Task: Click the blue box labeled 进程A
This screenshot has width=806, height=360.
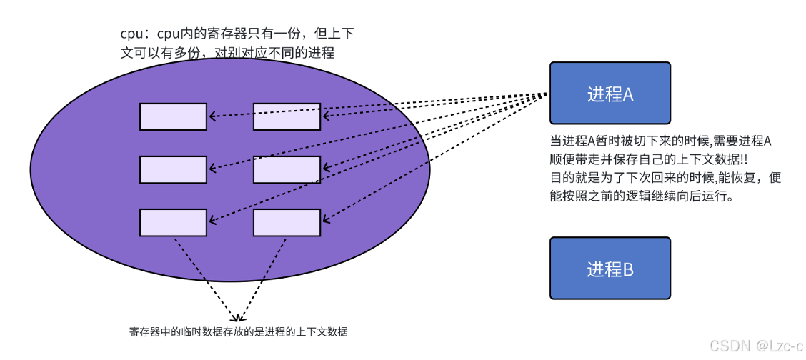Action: [x=610, y=93]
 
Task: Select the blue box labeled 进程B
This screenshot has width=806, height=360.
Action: [x=610, y=269]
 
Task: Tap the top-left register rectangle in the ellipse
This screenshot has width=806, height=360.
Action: [x=173, y=116]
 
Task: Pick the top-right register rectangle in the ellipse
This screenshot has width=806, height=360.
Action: [x=287, y=116]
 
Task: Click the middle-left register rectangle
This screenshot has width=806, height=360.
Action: [x=173, y=169]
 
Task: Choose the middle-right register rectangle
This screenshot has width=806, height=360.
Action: [x=287, y=169]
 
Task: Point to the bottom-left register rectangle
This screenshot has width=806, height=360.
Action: [x=173, y=222]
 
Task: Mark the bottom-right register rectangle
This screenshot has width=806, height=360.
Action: [x=287, y=222]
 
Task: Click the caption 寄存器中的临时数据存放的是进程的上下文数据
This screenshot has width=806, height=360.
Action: [x=238, y=331]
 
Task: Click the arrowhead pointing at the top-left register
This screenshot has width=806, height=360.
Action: [x=212, y=115]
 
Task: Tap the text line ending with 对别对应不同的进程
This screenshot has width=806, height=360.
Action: [x=227, y=53]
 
